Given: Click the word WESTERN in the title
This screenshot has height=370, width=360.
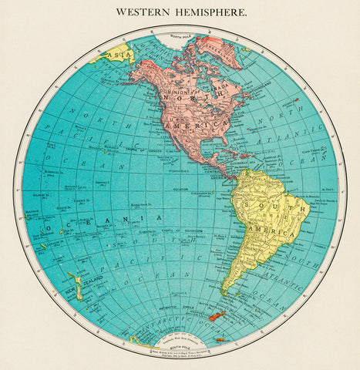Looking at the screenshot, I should [144, 12].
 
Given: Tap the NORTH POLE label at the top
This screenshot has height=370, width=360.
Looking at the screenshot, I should [179, 37].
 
